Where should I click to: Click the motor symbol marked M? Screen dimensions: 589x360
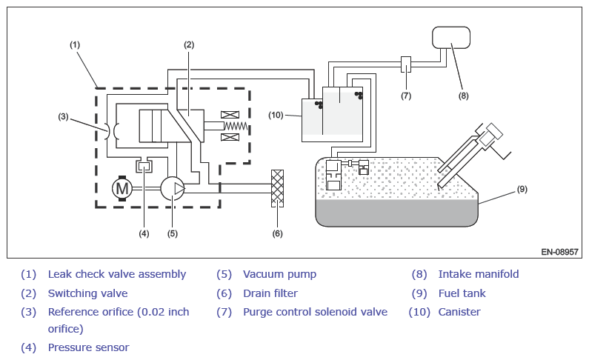point(122,188)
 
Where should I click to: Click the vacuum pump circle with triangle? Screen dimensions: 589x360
point(173,188)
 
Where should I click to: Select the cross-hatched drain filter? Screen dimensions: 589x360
point(277,188)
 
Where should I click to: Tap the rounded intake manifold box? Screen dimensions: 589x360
point(451,38)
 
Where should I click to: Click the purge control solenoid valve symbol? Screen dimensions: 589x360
point(406,64)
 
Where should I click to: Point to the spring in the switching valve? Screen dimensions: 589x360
point(236,126)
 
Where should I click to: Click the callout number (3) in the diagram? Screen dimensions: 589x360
point(63,117)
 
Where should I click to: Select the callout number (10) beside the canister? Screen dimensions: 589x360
point(276,116)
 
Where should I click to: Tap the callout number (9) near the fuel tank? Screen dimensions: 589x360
point(522,189)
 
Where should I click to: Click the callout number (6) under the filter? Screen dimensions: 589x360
point(277,233)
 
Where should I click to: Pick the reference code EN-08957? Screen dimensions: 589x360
point(559,252)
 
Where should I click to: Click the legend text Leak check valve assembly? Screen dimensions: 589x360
point(117,274)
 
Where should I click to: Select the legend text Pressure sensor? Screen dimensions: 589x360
point(88,347)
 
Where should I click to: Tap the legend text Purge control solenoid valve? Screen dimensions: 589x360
point(315,312)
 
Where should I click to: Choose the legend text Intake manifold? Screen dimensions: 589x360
point(479,274)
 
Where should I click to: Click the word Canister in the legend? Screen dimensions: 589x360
point(459,312)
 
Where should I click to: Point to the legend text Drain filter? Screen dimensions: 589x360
point(270,293)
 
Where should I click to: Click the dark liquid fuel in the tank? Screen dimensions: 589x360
point(396,213)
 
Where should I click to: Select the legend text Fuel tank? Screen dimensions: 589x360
point(462,293)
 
